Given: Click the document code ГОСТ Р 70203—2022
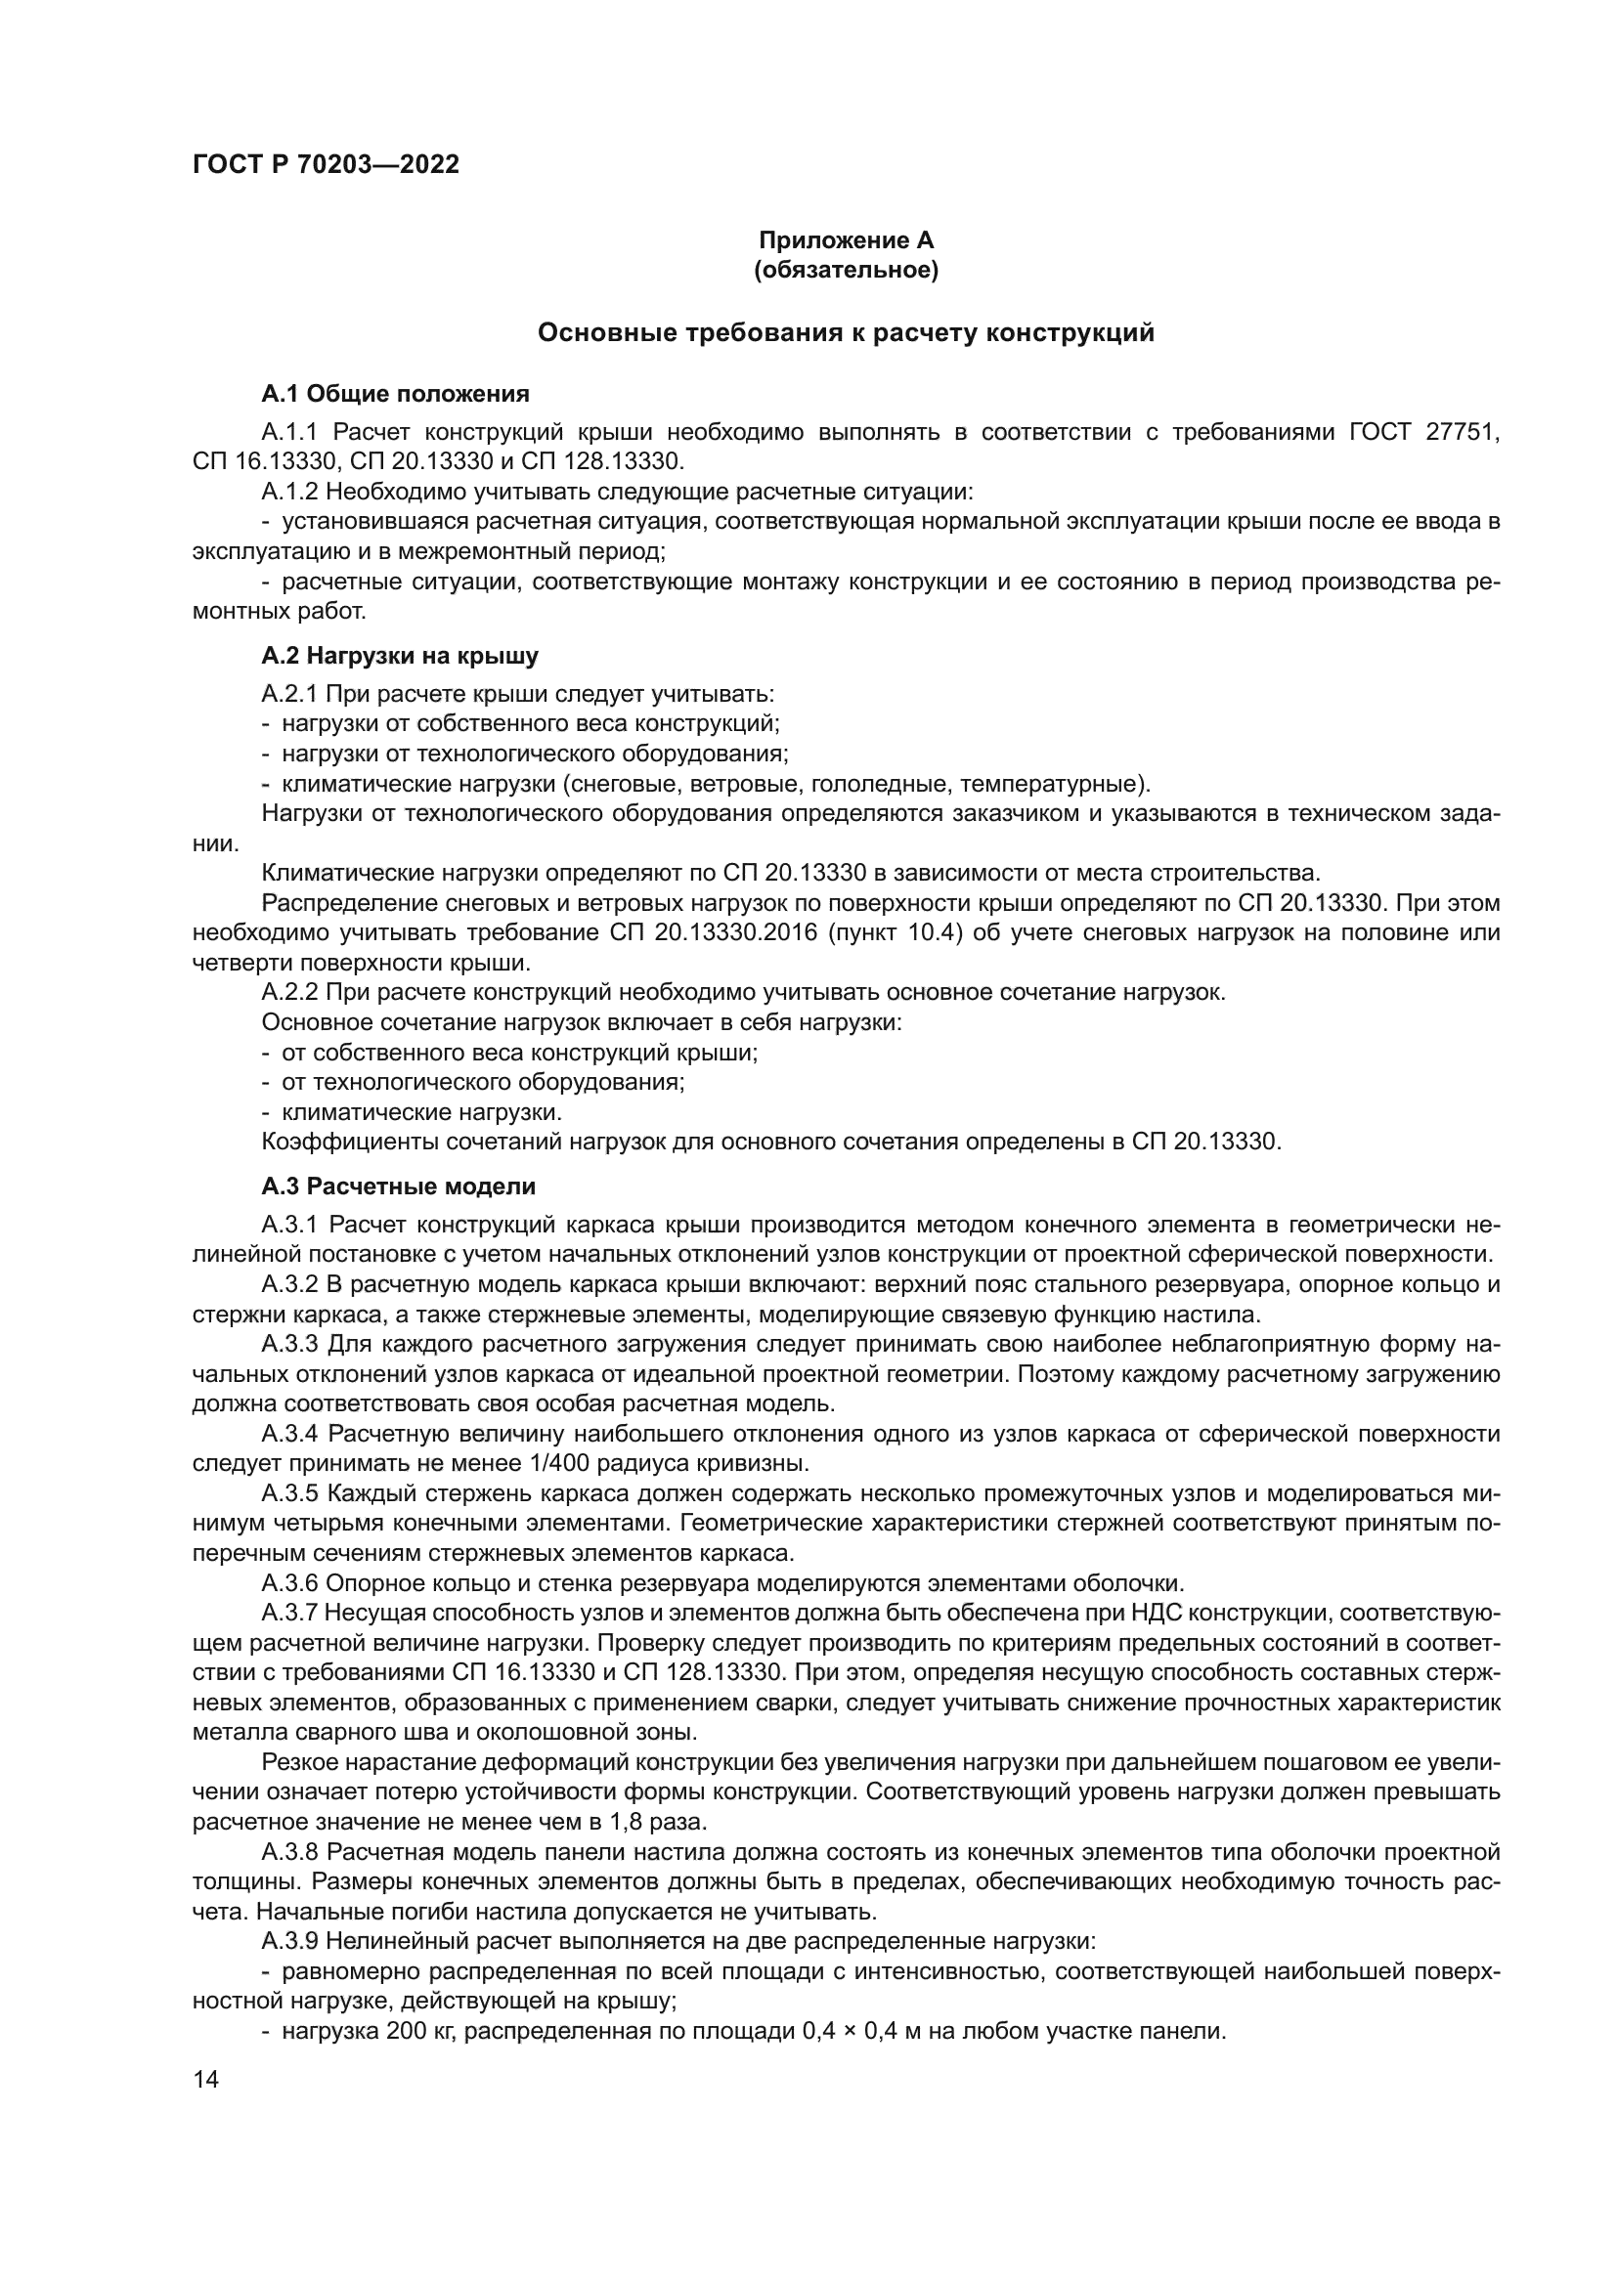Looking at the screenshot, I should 326,165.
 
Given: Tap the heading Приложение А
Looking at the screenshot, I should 846,240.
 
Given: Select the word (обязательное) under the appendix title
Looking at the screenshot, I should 846,270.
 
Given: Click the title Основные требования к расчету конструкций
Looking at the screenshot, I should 846,332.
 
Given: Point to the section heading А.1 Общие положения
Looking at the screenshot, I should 395,394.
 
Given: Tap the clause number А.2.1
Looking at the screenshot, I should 289,694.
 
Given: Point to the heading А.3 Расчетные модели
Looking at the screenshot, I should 398,1186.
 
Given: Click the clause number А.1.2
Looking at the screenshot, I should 289,492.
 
